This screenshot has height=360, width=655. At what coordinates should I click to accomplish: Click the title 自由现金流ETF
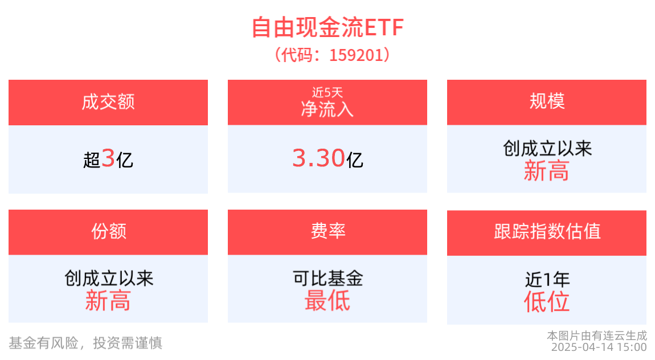[x=327, y=27]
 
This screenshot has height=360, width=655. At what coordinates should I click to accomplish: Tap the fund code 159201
[x=357, y=55]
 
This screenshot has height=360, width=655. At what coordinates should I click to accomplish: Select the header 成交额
[x=108, y=102]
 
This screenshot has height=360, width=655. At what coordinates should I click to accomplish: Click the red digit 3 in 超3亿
[x=108, y=158]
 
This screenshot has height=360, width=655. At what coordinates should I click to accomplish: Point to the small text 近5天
[x=327, y=92]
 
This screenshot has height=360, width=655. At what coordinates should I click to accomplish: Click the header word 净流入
[x=327, y=109]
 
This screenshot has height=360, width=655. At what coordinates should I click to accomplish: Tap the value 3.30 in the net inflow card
[x=318, y=158]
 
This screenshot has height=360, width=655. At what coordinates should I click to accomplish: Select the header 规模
[x=547, y=101]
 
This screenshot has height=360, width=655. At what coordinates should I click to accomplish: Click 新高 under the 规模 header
[x=546, y=171]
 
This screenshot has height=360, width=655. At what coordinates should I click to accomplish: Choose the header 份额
[x=109, y=231]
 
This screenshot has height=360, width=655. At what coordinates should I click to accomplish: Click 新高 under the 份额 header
[x=108, y=301]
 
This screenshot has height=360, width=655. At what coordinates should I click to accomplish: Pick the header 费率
[x=328, y=231]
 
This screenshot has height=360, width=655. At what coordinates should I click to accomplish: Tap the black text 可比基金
[x=327, y=278]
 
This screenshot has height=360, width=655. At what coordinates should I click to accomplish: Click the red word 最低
[x=327, y=301]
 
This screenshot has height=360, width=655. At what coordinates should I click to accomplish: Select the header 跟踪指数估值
[x=547, y=231]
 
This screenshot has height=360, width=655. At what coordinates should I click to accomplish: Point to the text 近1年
[x=547, y=279]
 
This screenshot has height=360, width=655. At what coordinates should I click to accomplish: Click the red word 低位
[x=546, y=302]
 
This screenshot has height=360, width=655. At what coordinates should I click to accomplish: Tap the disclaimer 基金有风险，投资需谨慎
[x=85, y=343]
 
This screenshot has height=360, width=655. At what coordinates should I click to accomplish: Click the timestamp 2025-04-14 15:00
[x=599, y=347]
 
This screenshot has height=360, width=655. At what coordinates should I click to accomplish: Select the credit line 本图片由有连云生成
[x=597, y=336]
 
